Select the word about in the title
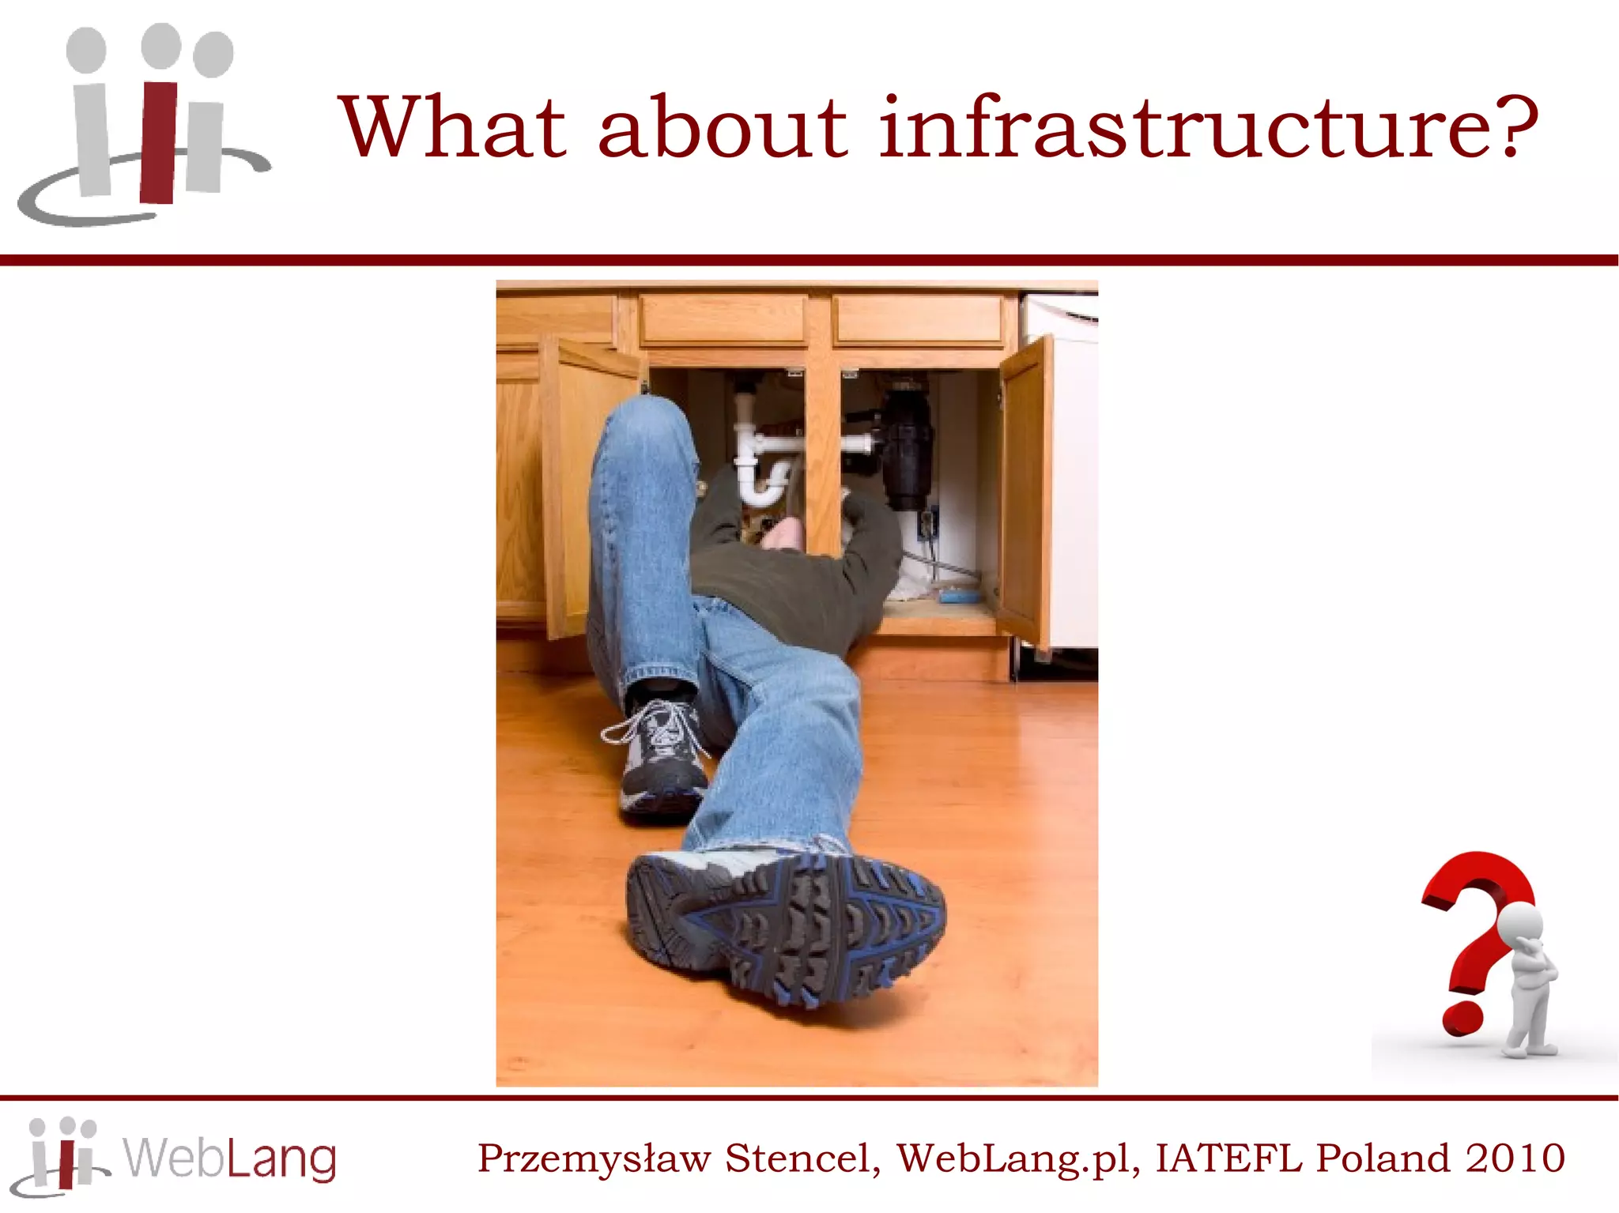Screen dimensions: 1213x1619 [x=722, y=128]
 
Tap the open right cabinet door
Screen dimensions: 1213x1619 [x=1026, y=490]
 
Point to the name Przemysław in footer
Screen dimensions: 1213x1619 [x=594, y=1159]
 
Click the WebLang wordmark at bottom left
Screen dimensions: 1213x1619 [x=229, y=1158]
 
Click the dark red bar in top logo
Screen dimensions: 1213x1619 [x=159, y=142]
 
